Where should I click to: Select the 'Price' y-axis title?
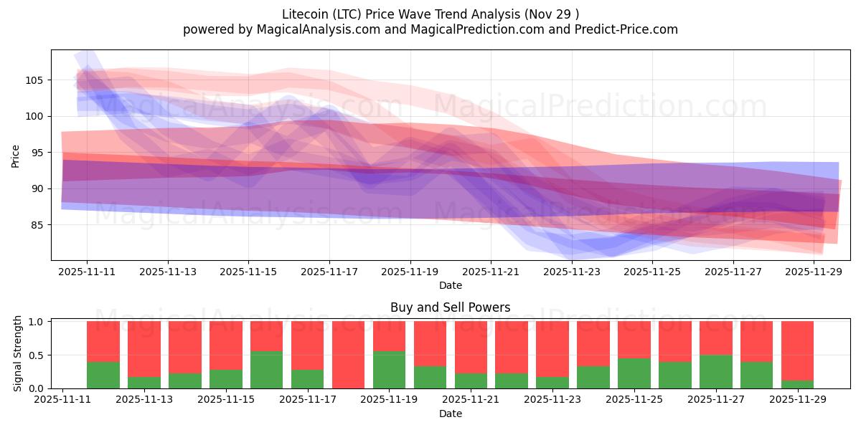pos(16,155)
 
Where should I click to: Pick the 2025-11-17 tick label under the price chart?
pos(329,272)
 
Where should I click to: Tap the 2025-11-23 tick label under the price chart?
pos(572,272)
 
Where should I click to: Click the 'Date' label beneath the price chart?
pos(451,285)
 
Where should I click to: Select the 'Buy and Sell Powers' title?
pos(451,307)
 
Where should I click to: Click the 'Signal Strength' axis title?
pos(18,354)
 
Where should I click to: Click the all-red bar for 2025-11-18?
pos(348,355)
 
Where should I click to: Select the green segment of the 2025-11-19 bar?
pos(389,370)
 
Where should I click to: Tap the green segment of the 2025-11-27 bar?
pos(716,371)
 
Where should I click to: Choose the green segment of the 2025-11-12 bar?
pos(103,375)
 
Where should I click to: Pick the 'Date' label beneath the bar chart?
pos(451,414)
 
